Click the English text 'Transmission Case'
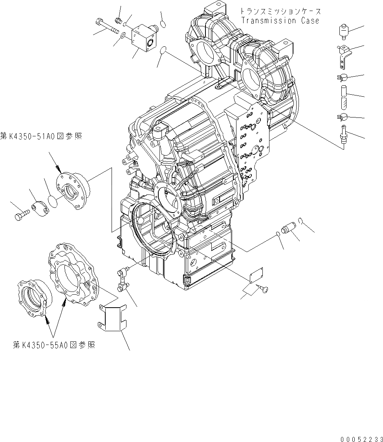280,20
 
